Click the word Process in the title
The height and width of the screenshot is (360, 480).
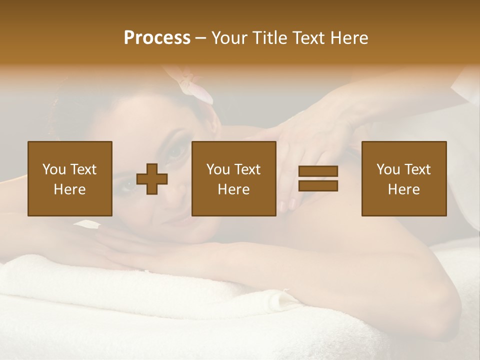click(x=157, y=38)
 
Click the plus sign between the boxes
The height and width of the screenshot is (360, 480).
click(x=152, y=179)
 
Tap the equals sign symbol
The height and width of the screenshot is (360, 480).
click(x=318, y=178)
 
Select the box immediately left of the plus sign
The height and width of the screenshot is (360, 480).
click(x=70, y=178)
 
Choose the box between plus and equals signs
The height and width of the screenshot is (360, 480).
click(x=234, y=178)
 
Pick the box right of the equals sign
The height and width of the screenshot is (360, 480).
click(x=404, y=178)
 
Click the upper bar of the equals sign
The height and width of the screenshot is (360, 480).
click(x=318, y=171)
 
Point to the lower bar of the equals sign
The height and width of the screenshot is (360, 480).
click(x=318, y=186)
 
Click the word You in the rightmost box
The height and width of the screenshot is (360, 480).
click(x=388, y=169)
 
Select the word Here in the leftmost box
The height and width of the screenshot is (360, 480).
click(x=70, y=189)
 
